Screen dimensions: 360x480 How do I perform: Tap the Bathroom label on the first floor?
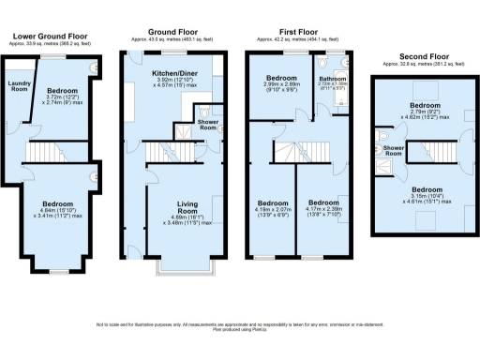point(332,78)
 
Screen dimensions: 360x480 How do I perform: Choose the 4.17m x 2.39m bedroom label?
point(324,203)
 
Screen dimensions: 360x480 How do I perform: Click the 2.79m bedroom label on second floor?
point(427,107)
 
